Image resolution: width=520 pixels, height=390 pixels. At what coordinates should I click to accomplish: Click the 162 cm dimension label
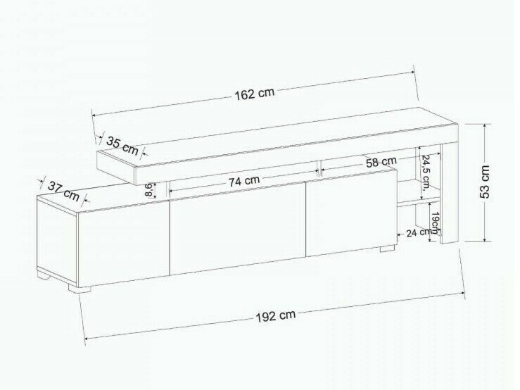pos(254,94)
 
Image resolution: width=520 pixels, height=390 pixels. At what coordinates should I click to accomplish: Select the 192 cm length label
pos(275,315)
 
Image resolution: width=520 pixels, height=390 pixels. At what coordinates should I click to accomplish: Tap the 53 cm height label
pos(485,182)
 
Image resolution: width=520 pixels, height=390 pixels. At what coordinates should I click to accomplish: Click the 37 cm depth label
pos(63,190)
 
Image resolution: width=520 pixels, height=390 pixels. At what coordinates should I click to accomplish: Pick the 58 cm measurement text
pos(381,163)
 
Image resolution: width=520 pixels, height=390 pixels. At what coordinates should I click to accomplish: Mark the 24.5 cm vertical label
pos(425,170)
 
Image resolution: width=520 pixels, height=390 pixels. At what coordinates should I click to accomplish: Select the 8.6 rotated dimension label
pos(148,189)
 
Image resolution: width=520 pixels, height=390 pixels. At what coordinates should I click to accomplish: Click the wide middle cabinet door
pos(238,229)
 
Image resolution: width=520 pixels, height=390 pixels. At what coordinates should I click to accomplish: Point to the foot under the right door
pos(387,248)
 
